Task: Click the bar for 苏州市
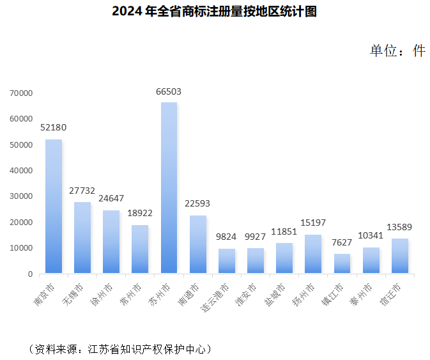click(x=169, y=188)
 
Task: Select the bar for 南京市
click(x=54, y=207)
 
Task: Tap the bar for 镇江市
click(x=342, y=263)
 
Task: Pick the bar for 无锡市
click(x=82, y=238)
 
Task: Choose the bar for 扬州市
click(x=313, y=254)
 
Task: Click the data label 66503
click(x=169, y=91)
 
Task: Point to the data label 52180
click(x=54, y=127)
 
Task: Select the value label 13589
click(x=399, y=227)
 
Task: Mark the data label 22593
click(x=197, y=204)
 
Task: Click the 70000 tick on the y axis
click(x=21, y=93)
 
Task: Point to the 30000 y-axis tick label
click(x=21, y=196)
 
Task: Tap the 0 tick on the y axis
click(x=30, y=274)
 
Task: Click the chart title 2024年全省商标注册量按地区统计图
click(x=214, y=12)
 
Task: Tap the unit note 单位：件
click(x=397, y=51)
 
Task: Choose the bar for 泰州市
click(x=371, y=260)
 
